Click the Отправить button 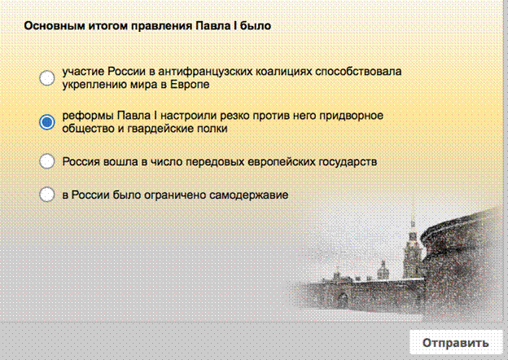point(456,342)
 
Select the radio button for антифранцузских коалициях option point(47,77)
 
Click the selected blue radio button point(47,122)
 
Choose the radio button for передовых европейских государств point(47,161)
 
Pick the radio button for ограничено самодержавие point(47,195)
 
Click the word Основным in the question point(55,25)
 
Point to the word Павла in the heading point(212,25)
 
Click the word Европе point(190,85)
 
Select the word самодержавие point(249,195)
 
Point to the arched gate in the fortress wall point(342,300)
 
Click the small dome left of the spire point(383,270)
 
